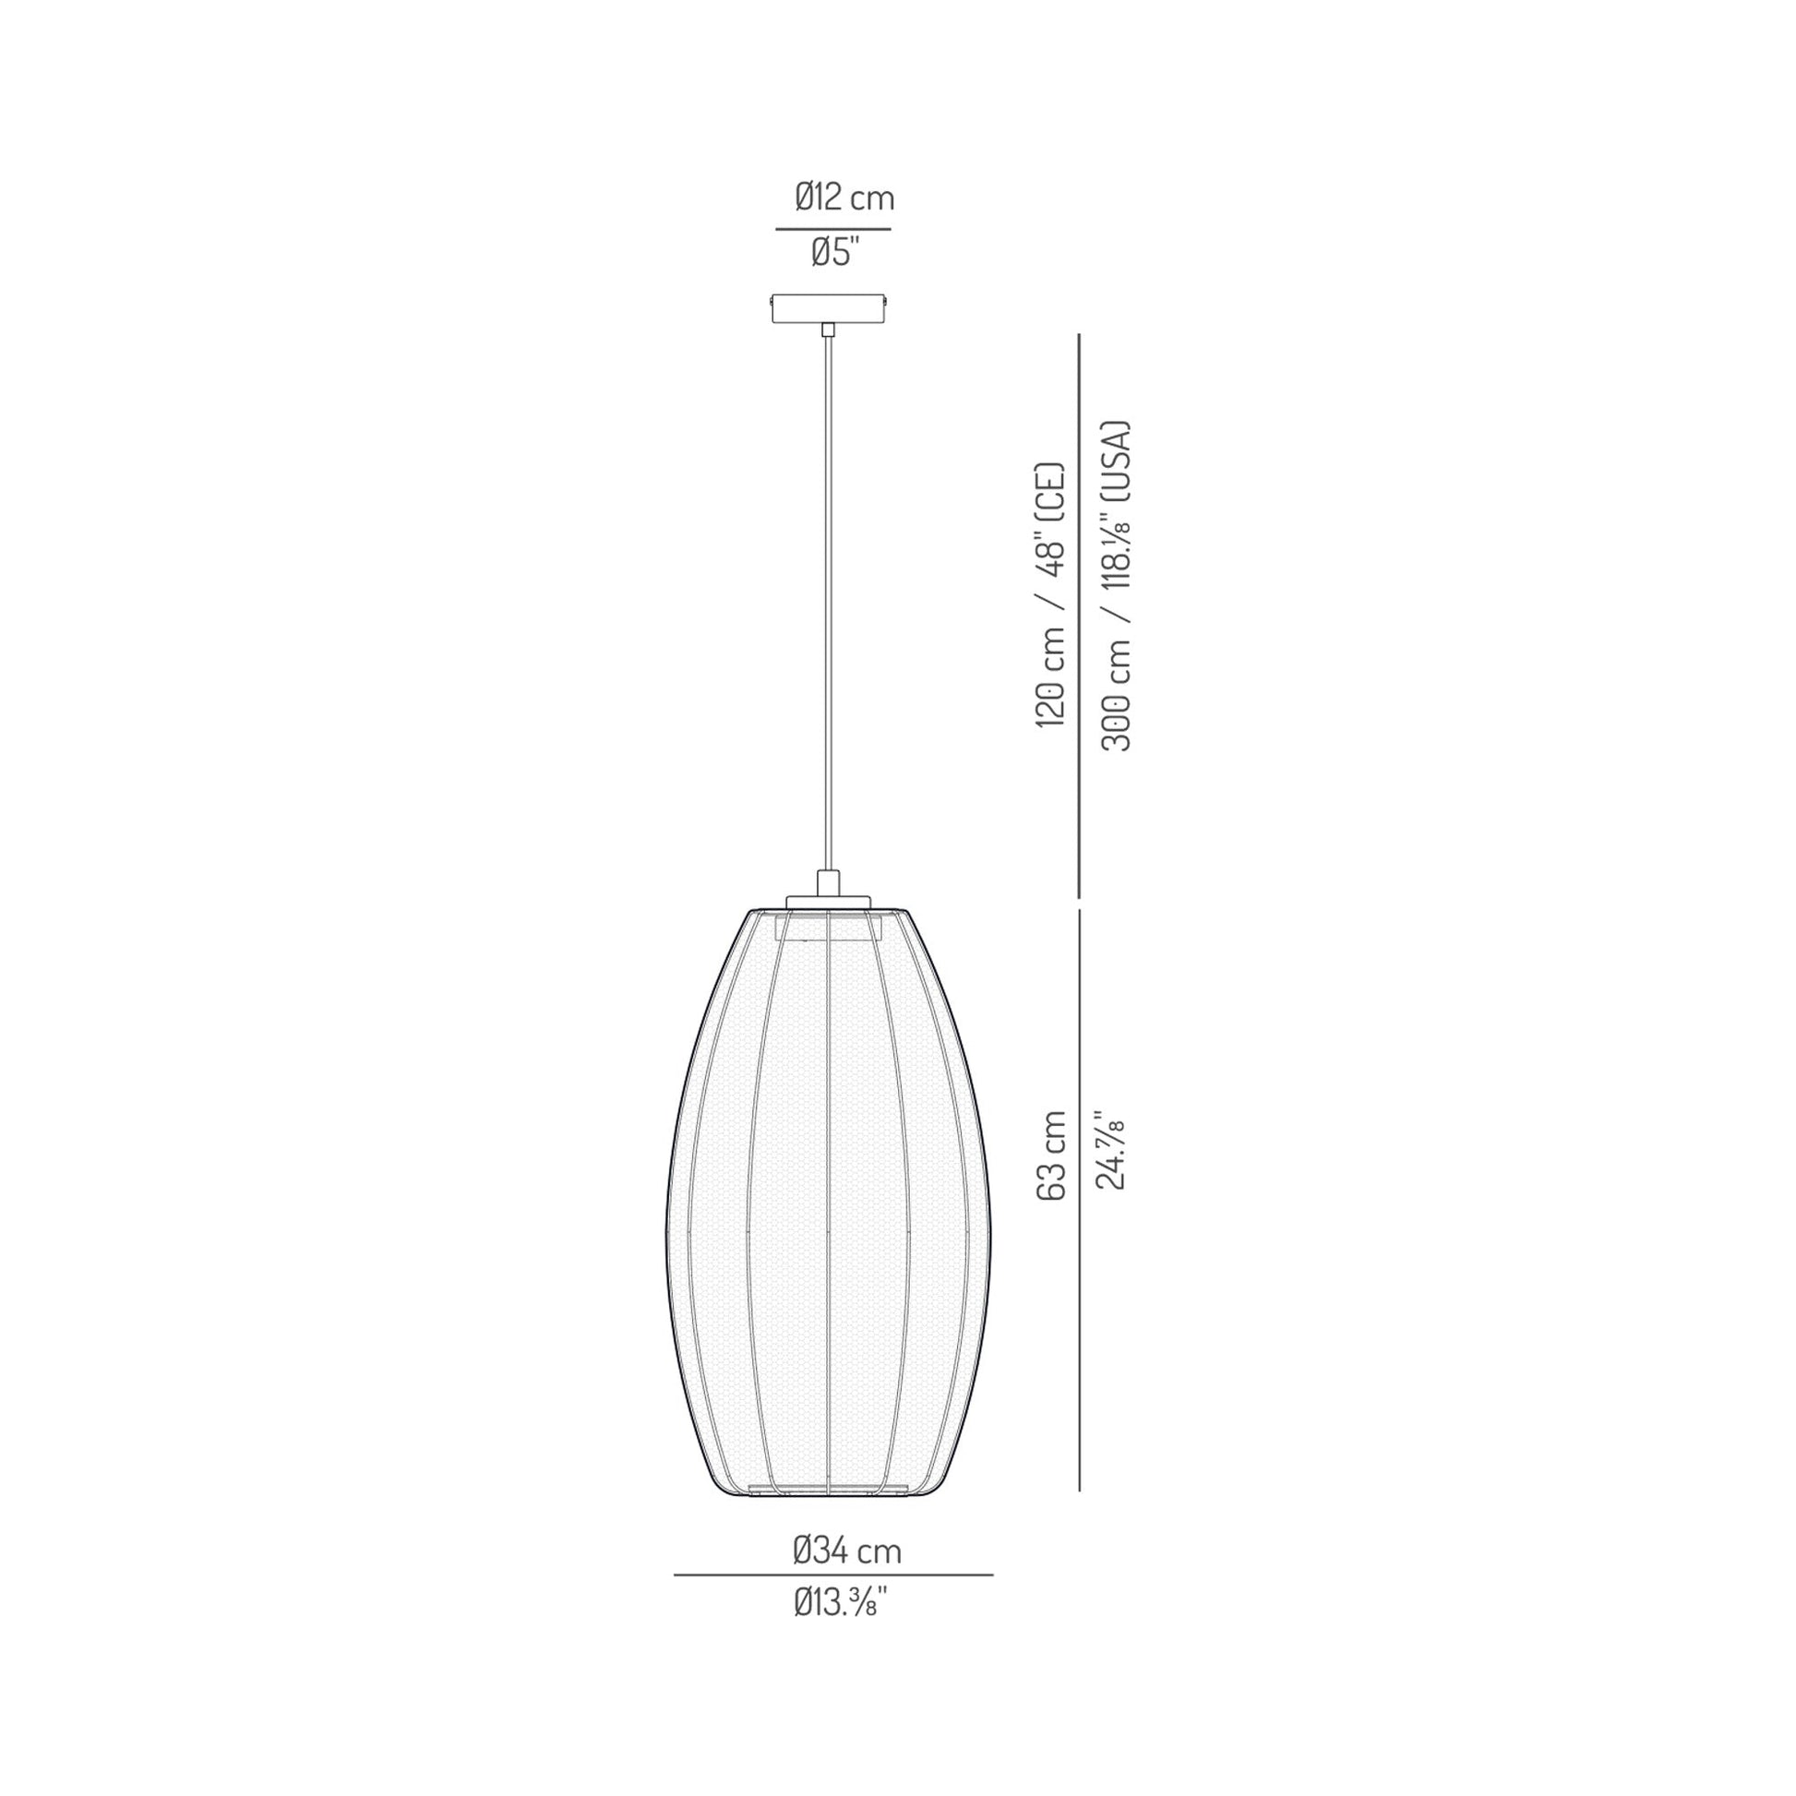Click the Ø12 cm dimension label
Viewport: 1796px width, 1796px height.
(844, 198)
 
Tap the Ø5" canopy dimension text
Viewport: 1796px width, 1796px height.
(834, 253)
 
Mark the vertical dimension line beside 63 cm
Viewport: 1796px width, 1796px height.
(1078, 1199)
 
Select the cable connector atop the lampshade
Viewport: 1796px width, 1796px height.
(827, 881)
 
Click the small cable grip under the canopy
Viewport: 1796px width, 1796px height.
(827, 329)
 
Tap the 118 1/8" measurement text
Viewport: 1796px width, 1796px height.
(1116, 558)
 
